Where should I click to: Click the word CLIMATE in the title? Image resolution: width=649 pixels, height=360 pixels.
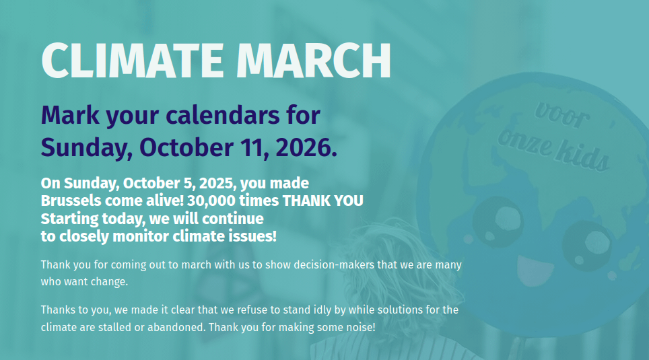(x=133, y=61)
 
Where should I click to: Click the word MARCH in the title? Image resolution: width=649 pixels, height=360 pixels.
(x=313, y=61)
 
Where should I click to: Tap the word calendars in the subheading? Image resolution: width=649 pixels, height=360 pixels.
(x=223, y=115)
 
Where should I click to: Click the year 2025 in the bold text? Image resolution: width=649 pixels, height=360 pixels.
(x=217, y=183)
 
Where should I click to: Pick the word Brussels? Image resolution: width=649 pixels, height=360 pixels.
(x=71, y=201)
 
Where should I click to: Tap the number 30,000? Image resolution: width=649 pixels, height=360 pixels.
(x=212, y=201)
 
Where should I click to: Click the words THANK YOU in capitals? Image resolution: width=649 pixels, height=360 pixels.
(x=323, y=201)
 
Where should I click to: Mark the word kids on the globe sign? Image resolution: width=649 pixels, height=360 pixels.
(x=582, y=157)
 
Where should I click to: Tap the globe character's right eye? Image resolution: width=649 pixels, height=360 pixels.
(x=587, y=246)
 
